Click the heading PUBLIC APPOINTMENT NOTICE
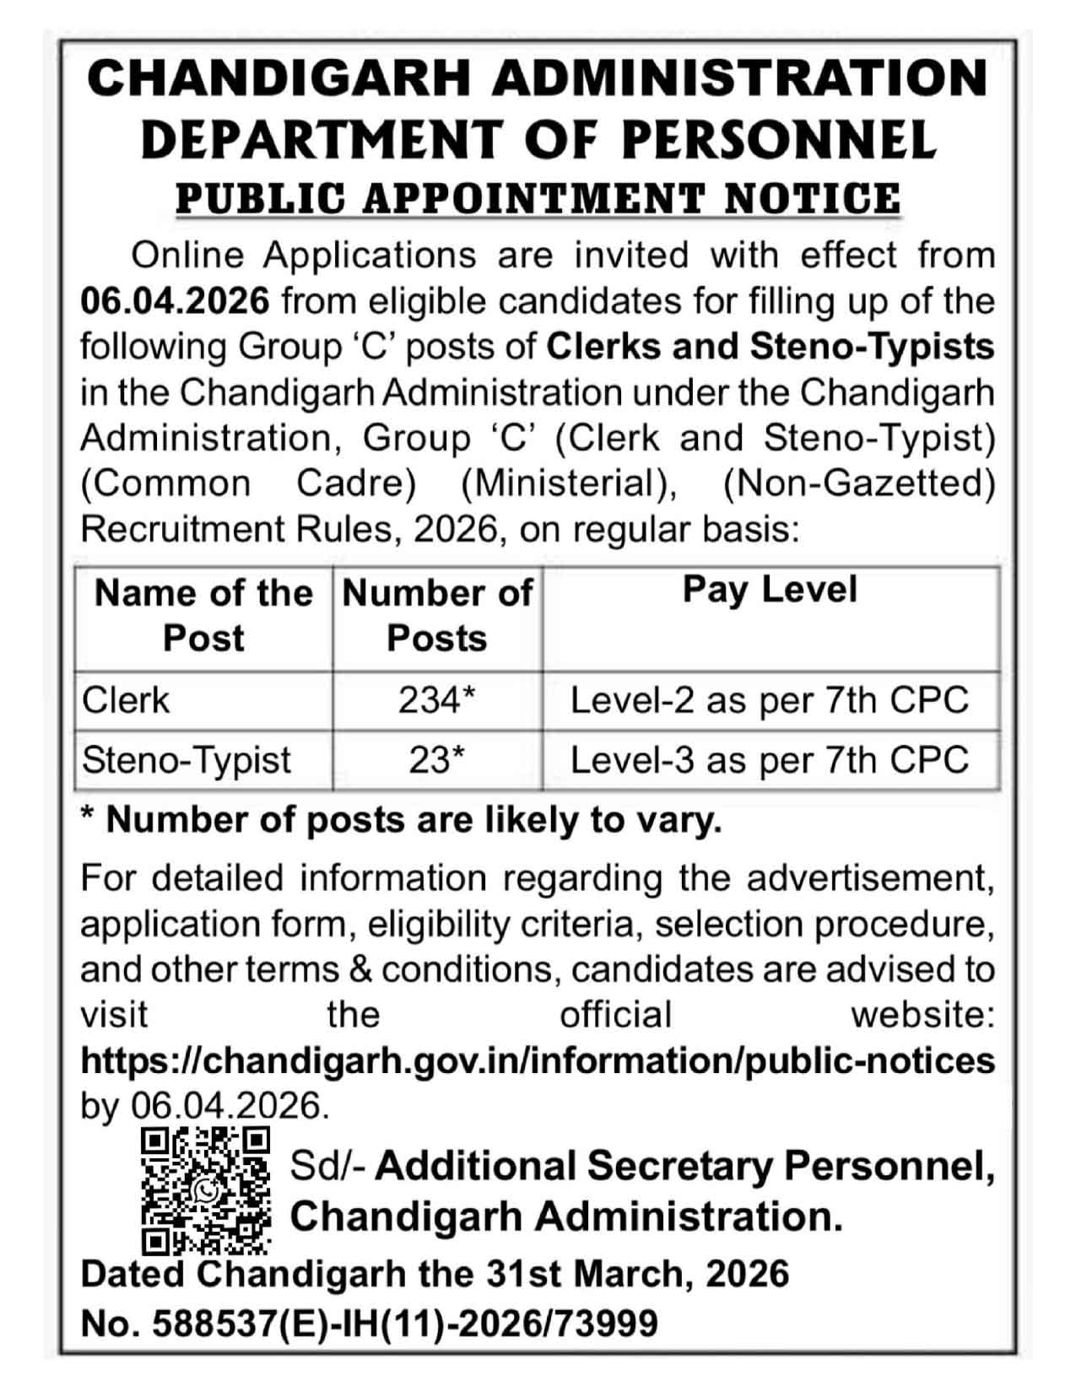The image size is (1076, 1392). point(538,199)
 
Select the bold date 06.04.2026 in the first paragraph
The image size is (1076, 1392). point(176,301)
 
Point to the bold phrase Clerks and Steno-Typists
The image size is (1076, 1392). point(770,347)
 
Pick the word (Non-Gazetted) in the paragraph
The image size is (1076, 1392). point(858,483)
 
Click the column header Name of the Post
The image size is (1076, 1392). point(203,616)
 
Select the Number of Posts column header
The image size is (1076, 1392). point(437,616)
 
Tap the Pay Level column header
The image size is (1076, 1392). point(770,590)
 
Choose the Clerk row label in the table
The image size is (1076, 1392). point(126,700)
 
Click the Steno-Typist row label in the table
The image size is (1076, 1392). point(187,760)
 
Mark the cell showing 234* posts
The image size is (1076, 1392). point(437,700)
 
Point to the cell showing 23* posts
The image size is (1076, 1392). point(437,760)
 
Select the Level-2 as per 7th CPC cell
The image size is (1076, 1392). point(770,700)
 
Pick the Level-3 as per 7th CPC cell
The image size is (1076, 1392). point(770,760)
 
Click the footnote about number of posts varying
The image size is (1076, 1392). point(402,820)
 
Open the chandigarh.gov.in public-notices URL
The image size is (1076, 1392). point(538,1060)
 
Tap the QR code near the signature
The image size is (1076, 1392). point(205,1190)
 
